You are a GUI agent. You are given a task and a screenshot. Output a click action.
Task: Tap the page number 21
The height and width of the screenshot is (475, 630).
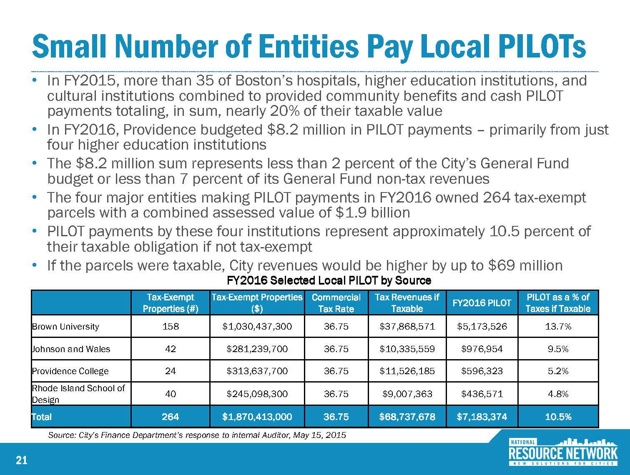(21, 460)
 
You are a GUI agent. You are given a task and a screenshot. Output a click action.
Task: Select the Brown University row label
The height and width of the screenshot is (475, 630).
(65, 326)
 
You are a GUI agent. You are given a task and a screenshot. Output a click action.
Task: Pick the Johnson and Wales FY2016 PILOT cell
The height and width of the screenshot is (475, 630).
(482, 349)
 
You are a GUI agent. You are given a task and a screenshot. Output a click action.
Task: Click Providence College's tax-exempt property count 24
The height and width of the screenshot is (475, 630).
(170, 371)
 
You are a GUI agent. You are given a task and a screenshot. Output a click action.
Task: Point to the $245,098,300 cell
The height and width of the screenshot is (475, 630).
(257, 394)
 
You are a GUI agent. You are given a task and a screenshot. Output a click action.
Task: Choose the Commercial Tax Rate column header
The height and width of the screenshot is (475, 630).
(336, 303)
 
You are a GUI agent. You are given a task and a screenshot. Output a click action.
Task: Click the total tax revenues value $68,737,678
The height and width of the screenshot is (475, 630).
(407, 416)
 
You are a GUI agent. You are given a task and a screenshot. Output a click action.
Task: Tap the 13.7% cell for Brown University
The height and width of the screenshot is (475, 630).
(558, 326)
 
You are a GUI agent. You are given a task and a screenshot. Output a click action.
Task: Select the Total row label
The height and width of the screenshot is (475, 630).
(42, 416)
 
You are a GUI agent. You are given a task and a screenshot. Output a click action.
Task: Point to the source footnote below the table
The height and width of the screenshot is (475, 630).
(197, 435)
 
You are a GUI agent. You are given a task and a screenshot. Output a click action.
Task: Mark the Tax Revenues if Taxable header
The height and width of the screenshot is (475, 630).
(407, 303)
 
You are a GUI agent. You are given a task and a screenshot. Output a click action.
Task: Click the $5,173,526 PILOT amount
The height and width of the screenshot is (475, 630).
(482, 326)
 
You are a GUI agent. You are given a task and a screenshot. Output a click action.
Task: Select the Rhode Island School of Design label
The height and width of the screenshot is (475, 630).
(78, 394)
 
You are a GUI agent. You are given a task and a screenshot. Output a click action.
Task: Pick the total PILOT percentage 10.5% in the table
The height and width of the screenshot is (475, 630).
(558, 416)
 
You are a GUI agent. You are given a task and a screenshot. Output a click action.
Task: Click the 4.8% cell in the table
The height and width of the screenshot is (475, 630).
(558, 394)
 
